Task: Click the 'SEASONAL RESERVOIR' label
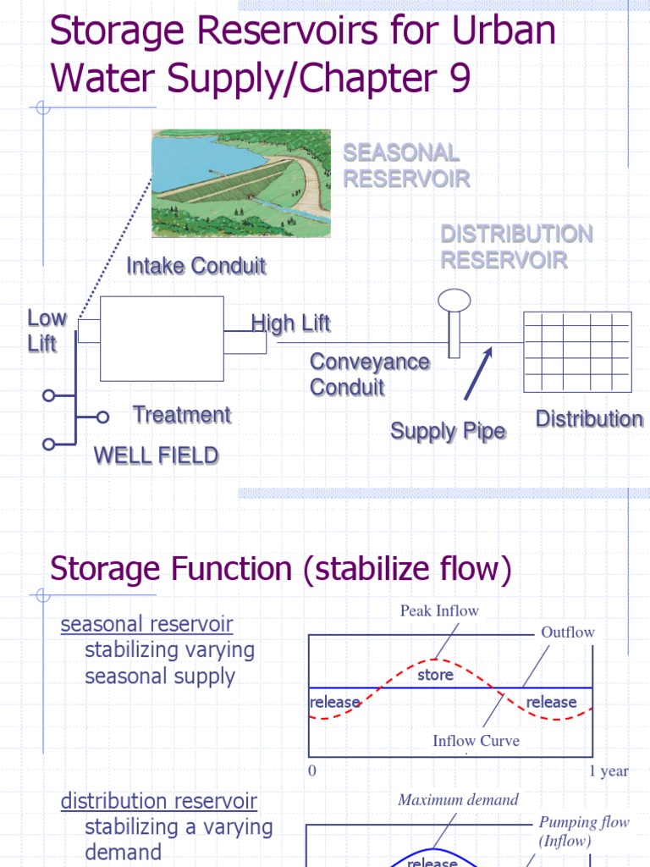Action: point(405,166)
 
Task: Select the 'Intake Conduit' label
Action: point(196,266)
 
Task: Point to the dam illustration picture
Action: point(240,183)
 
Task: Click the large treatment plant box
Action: point(162,339)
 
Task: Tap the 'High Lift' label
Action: point(290,323)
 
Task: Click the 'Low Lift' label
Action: point(47,330)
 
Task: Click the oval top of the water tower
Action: point(454,300)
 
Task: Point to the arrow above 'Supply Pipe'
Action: point(476,373)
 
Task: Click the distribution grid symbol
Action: point(577,351)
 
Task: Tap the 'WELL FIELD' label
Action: point(156,456)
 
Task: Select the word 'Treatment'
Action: point(181,415)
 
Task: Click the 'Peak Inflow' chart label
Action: point(439,610)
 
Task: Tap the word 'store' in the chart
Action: point(435,675)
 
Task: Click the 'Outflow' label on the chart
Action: point(567,632)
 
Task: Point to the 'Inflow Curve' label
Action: point(476,741)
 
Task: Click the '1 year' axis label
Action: point(609,771)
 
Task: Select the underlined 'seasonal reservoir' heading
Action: point(146,624)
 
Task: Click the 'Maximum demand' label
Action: point(458,799)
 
